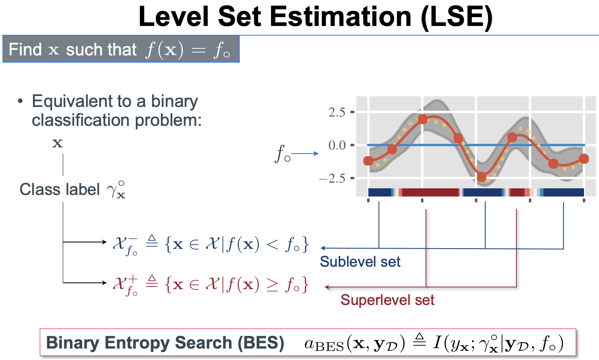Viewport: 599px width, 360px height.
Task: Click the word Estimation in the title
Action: [340, 17]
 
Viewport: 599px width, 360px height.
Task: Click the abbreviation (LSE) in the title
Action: [456, 17]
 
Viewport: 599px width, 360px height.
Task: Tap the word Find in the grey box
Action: [25, 49]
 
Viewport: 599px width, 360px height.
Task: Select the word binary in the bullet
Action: [174, 102]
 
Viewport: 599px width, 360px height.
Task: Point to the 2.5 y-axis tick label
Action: [337, 112]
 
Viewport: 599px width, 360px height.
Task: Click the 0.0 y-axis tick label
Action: [337, 145]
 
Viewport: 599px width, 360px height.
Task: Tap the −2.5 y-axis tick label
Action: [333, 178]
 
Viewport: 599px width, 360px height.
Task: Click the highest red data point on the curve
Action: [422, 119]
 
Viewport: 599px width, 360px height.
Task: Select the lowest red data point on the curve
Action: [481, 176]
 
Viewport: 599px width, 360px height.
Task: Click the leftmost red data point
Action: [368, 161]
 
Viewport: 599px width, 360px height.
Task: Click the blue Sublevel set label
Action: [360, 261]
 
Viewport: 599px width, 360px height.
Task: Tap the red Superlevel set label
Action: [387, 300]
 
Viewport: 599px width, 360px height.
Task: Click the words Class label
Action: [59, 190]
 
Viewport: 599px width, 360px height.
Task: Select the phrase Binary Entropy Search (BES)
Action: [165, 343]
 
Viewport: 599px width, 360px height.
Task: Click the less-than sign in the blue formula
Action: [273, 244]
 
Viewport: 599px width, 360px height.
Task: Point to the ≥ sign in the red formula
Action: [273, 285]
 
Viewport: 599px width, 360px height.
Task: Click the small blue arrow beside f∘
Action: [305, 154]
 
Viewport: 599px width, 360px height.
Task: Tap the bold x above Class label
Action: [58, 143]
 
